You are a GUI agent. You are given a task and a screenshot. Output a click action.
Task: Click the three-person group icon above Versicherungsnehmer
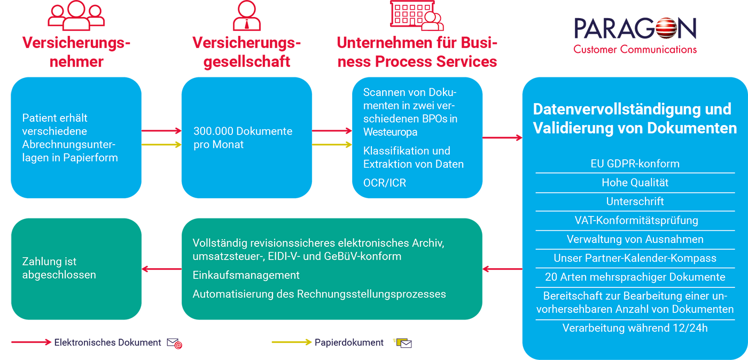[x=76, y=15]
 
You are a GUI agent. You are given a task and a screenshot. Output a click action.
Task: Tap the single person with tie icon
[x=247, y=15]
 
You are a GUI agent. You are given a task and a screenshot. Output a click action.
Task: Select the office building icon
[x=417, y=15]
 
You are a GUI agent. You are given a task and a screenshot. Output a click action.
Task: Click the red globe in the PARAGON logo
[x=666, y=28]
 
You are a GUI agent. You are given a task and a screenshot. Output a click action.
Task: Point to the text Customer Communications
[x=635, y=50]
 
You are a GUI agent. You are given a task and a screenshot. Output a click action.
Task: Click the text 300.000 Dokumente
[x=243, y=131]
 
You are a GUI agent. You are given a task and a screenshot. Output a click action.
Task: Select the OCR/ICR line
[x=384, y=183]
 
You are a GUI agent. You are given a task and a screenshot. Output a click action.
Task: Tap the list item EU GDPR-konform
[x=635, y=163]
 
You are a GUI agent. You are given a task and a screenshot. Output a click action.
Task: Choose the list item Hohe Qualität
[x=635, y=183]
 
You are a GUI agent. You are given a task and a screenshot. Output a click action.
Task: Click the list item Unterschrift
[x=635, y=201]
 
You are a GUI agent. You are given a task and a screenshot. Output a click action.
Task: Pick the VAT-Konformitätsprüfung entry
[x=636, y=221]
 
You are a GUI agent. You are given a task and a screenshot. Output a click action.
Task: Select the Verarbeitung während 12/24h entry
[x=635, y=328]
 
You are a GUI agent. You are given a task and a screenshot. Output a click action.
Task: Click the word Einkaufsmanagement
[x=246, y=275]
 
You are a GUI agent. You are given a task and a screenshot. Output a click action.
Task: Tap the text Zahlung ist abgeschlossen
[x=59, y=268]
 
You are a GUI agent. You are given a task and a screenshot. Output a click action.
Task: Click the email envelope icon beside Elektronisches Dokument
[x=174, y=343]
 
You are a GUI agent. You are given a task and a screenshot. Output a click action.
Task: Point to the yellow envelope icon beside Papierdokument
[x=402, y=342]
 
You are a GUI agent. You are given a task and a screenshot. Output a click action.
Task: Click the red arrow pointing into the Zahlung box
[x=161, y=269]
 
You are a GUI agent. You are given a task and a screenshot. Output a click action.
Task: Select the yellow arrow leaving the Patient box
[x=161, y=145]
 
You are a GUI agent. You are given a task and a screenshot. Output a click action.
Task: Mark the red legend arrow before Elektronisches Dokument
[x=31, y=342]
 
